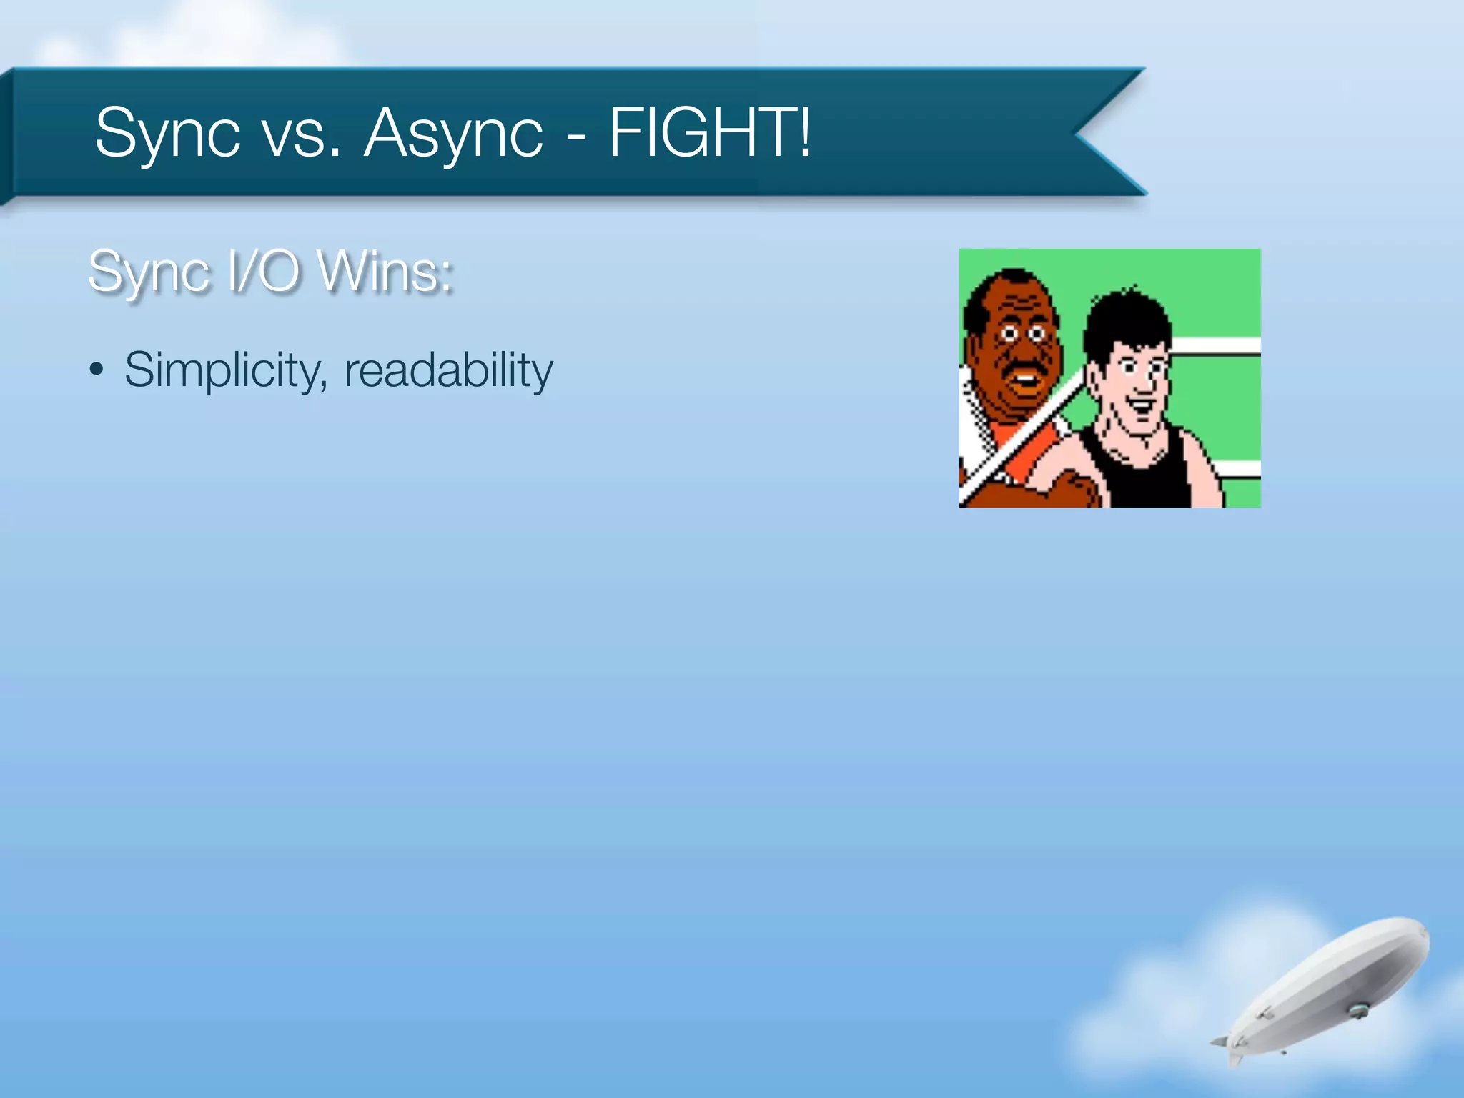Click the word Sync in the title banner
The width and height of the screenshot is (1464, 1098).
click(x=167, y=133)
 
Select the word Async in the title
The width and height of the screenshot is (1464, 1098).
click(x=453, y=134)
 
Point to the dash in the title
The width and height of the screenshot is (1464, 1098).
click(x=575, y=136)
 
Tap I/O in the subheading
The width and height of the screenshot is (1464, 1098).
click(x=263, y=272)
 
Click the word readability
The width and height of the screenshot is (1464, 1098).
click(x=448, y=370)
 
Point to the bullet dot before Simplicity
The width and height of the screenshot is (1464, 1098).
click(x=97, y=370)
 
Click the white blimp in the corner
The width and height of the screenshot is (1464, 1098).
click(x=1330, y=986)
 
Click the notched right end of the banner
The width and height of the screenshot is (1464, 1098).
click(x=1101, y=133)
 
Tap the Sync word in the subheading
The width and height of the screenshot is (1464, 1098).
click(x=152, y=272)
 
